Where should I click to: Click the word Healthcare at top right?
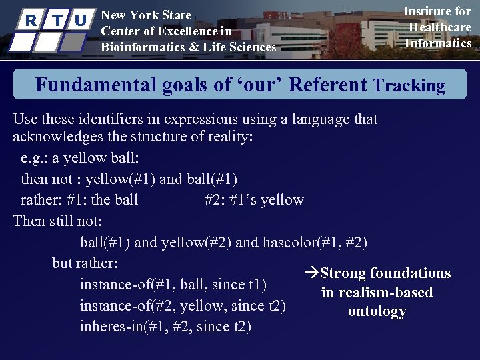click(x=439, y=27)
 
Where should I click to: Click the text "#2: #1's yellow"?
click(x=254, y=200)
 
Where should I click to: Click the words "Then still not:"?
click(x=57, y=221)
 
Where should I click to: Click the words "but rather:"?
click(x=85, y=263)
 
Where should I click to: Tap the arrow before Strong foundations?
click(x=311, y=273)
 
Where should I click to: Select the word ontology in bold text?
click(x=377, y=311)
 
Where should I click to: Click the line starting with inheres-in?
click(x=165, y=327)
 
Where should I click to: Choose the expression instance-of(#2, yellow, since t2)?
click(x=183, y=306)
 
